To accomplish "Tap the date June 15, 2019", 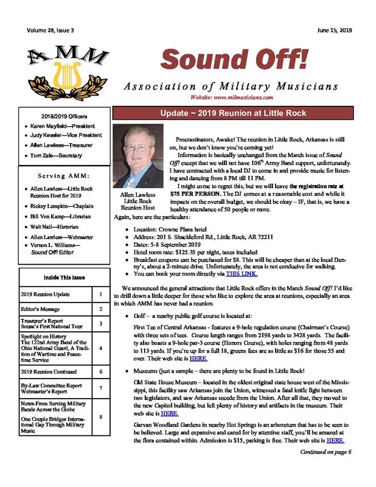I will (x=334, y=29).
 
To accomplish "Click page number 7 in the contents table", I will (x=100, y=388).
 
